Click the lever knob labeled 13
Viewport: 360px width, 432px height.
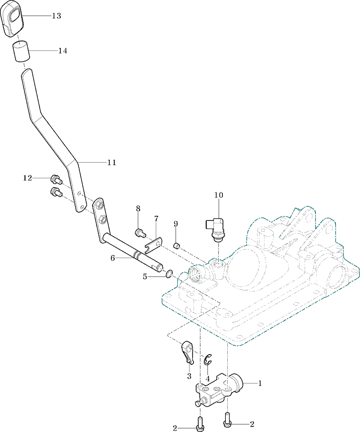click(x=12, y=18)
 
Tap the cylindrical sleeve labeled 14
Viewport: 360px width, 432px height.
click(x=21, y=51)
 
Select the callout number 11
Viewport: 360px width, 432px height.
click(x=112, y=163)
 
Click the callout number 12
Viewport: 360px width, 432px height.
click(x=27, y=178)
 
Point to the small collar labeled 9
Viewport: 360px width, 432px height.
click(x=176, y=245)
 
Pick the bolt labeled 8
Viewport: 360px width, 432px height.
click(x=141, y=233)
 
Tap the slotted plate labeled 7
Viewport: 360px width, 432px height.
click(x=153, y=245)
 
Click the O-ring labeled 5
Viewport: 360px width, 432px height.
click(x=169, y=274)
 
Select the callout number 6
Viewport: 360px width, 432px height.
click(x=113, y=259)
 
